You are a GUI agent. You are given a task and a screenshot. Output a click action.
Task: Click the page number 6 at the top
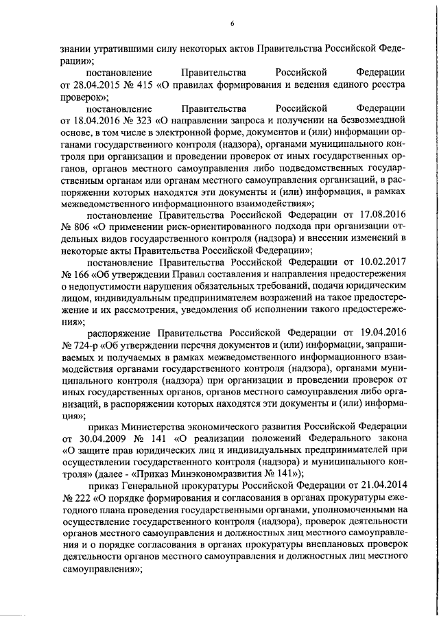tap(232, 24)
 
